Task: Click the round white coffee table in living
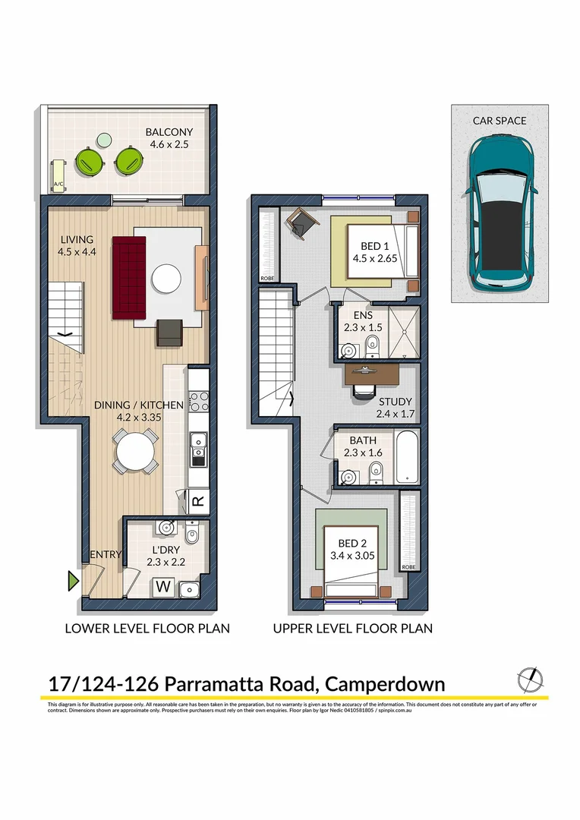[x=166, y=278]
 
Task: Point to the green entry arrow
[x=73, y=582]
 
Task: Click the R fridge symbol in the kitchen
[x=197, y=502]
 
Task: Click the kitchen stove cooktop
[x=199, y=400]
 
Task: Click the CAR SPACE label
[x=499, y=120]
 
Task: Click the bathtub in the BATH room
[x=407, y=457]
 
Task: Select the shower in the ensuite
[x=403, y=331]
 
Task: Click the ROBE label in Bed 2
[x=408, y=566]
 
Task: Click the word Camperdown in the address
[x=385, y=683]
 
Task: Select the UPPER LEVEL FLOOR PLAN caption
[x=352, y=628]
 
